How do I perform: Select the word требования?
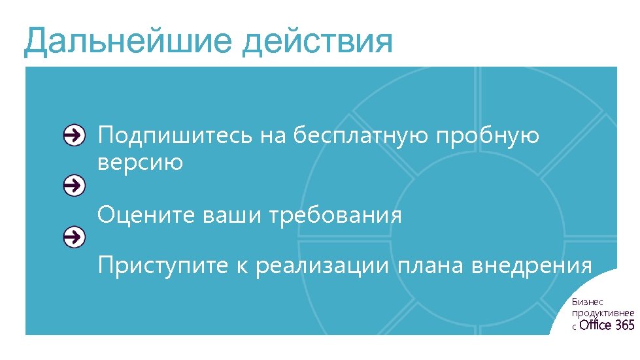335,214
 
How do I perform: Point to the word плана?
431,266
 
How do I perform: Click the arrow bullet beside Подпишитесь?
75,135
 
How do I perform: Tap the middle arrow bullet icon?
75,186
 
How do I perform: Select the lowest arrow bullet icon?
75,237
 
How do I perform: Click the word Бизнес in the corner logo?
584,301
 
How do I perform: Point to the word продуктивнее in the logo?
603,313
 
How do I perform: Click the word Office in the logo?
596,325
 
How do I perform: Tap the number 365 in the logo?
625,325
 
